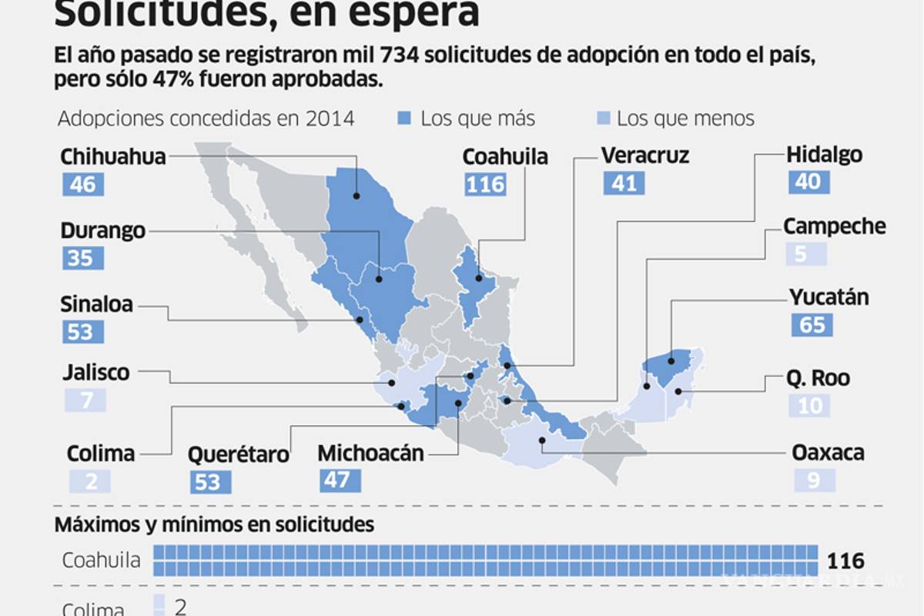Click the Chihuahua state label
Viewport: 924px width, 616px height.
point(113,157)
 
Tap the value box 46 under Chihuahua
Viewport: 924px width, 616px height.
point(83,185)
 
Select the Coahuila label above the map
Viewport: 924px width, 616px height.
point(505,157)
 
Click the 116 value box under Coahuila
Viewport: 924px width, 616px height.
point(486,185)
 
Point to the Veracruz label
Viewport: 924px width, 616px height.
point(644,156)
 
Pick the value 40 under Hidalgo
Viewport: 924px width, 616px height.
point(809,182)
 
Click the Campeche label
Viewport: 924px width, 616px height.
point(835,226)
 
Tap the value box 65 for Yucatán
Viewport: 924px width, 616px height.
point(812,324)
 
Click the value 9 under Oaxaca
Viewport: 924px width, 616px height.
point(815,481)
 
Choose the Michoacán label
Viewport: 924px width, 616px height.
point(370,453)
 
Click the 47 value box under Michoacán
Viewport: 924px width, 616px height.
point(340,481)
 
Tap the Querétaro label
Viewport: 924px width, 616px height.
point(239,454)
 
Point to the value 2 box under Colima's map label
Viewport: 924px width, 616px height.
point(89,481)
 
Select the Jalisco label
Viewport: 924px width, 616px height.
point(95,373)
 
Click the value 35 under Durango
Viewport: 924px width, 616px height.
point(82,258)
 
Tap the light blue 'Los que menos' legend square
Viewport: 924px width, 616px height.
point(604,118)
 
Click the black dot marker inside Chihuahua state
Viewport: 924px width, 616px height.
point(357,196)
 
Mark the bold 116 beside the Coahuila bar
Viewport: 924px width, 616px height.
point(845,560)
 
